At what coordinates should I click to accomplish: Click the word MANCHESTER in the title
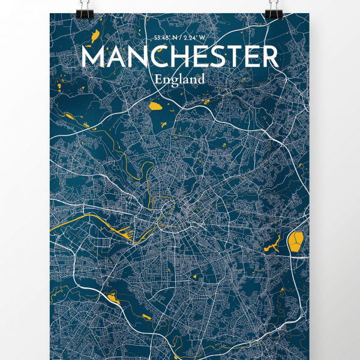click(x=179, y=57)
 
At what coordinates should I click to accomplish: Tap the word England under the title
click(x=179, y=79)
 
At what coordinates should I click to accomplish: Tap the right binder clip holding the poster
click(x=275, y=8)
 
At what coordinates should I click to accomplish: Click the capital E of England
click(x=157, y=78)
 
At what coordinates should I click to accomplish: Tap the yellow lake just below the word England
click(x=155, y=106)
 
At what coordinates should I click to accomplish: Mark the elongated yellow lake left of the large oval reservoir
click(x=274, y=244)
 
